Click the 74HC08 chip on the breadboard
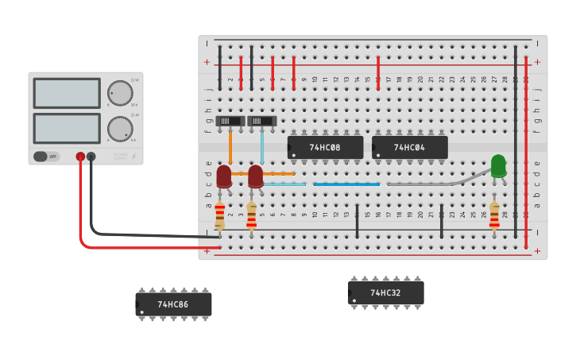[x=325, y=147]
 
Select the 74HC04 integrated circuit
[x=409, y=147]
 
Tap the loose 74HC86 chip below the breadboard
[x=173, y=304]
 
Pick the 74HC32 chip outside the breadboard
[x=385, y=292]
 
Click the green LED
[x=498, y=166]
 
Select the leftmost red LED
[x=224, y=176]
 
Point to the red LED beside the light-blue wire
[x=255, y=176]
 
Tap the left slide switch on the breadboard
[x=230, y=121]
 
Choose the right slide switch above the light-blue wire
[x=261, y=121]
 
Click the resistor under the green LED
[x=494, y=215]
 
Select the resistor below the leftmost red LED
[x=220, y=215]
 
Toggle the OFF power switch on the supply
[x=46, y=157]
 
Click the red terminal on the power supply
[x=80, y=157]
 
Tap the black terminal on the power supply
[x=91, y=157]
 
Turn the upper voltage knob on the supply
[x=120, y=92]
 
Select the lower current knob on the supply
[x=120, y=128]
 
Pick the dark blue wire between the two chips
[x=346, y=184]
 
